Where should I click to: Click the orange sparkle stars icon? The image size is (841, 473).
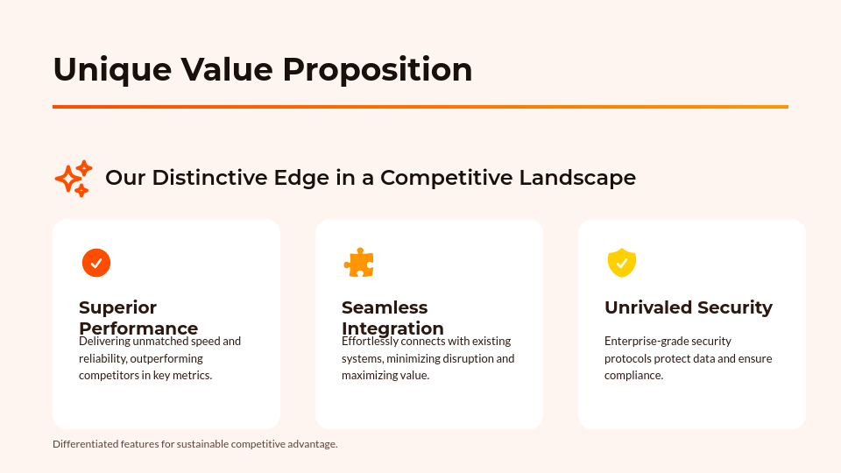point(74,179)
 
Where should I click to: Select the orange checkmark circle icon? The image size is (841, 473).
point(96,263)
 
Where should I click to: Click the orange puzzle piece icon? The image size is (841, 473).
point(359,263)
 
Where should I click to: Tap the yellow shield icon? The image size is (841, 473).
point(622,263)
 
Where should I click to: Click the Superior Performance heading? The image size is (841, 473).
point(138,318)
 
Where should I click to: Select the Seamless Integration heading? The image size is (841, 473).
point(392,318)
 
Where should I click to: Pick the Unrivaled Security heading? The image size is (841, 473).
point(689,307)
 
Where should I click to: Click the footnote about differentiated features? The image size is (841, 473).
point(194,444)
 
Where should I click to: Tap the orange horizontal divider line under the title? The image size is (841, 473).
point(420,107)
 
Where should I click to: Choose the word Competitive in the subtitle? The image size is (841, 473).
point(447,178)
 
